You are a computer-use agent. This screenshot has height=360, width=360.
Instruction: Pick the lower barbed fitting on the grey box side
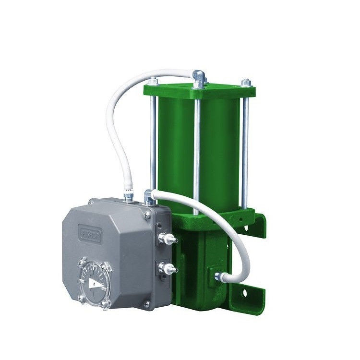coord(168,267)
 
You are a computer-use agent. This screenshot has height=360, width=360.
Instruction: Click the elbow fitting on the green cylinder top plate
coord(199,77)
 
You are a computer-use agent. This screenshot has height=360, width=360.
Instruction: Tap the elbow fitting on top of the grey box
coord(149,197)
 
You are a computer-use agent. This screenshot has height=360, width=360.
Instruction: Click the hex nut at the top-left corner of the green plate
coord(153,81)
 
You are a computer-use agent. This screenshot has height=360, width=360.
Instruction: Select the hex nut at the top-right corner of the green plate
coord(246,83)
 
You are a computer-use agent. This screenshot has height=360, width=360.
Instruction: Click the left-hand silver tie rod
coord(153,144)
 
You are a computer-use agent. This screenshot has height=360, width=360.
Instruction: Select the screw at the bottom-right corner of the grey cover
coord(147,303)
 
